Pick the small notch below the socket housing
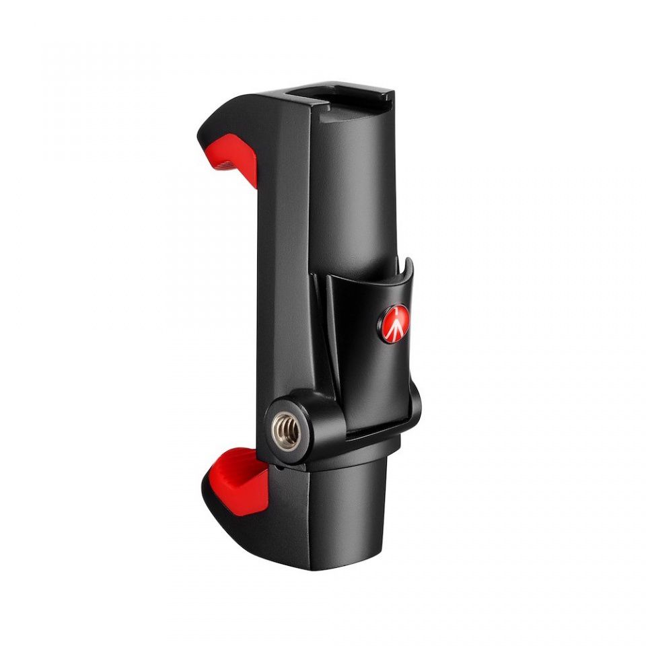(x=277, y=464)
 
